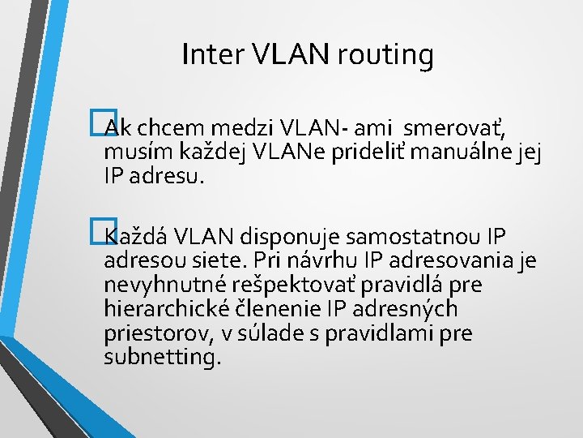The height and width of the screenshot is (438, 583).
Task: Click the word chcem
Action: tap(165, 128)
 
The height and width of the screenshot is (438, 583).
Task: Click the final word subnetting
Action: tap(162, 359)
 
